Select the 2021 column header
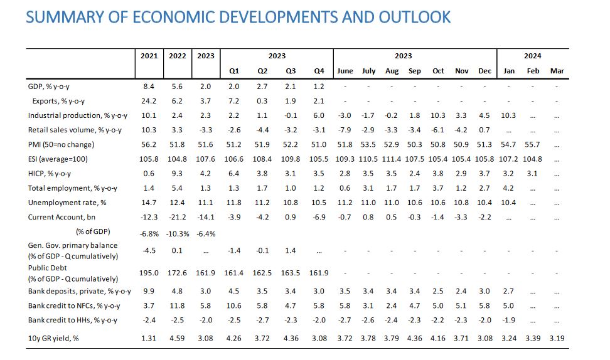click(149, 56)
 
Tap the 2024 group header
click(533, 56)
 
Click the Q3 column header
click(291, 71)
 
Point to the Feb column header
click(533, 71)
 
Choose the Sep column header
click(415, 71)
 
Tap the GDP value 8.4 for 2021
click(149, 86)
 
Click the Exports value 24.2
click(149, 100)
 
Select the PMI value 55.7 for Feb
click(533, 144)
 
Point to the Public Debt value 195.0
click(149, 274)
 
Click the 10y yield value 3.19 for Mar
click(557, 339)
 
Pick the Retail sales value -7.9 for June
click(345, 130)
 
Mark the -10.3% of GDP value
click(178, 232)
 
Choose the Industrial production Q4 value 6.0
click(319, 115)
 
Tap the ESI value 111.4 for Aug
click(392, 159)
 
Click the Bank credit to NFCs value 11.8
click(178, 306)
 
